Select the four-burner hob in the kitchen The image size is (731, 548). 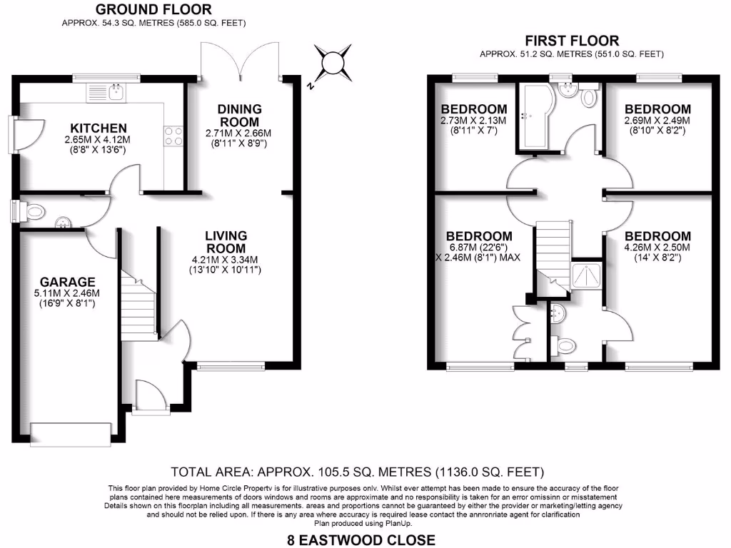click(173, 136)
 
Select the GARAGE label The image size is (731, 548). click(68, 282)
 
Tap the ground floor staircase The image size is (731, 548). click(140, 304)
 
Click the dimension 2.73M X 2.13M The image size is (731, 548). click(473, 121)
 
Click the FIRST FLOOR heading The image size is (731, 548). click(571, 41)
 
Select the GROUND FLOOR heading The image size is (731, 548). click(153, 9)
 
